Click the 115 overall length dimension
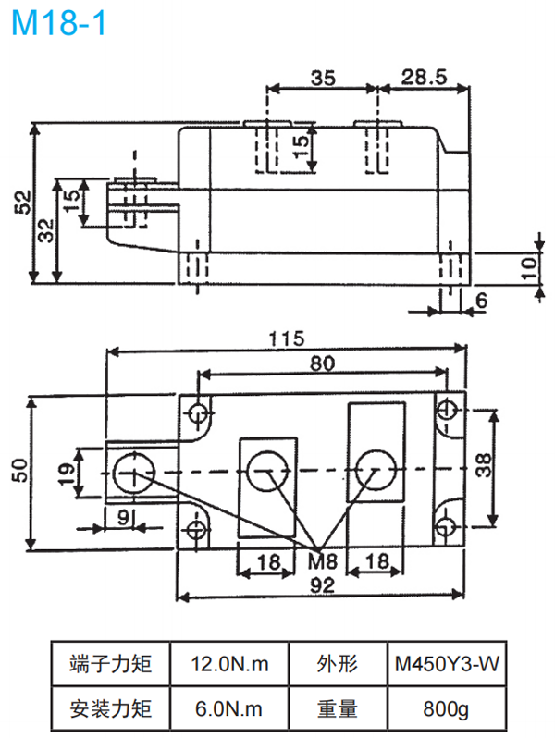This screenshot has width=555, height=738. click(287, 339)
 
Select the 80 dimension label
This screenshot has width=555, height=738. click(322, 363)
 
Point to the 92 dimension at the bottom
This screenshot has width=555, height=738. click(322, 584)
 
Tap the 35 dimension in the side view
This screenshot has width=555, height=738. click(322, 79)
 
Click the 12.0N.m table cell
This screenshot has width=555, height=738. click(229, 663)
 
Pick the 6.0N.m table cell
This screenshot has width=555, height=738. click(229, 709)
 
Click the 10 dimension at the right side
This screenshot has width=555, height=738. click(528, 268)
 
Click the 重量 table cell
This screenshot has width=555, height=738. click(337, 709)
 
